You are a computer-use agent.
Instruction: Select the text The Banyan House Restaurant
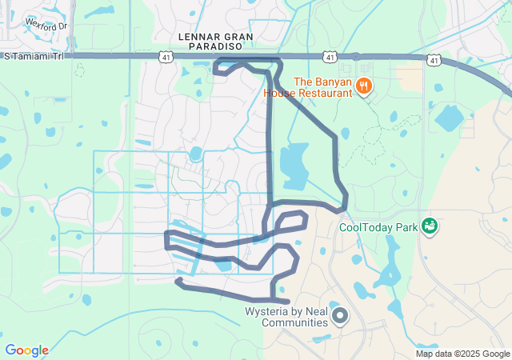tap(323, 86)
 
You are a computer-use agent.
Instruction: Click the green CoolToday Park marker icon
tap(430, 226)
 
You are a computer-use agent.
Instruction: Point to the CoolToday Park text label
tap(378, 227)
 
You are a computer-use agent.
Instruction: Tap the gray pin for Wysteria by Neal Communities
tap(340, 316)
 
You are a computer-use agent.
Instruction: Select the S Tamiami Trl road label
tap(34, 56)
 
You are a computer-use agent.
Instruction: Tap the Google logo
tap(26, 350)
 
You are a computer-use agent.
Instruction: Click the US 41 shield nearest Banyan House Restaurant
tap(330, 57)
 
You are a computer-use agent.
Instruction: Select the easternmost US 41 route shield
tap(434, 60)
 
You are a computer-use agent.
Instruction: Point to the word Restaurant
tap(323, 93)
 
